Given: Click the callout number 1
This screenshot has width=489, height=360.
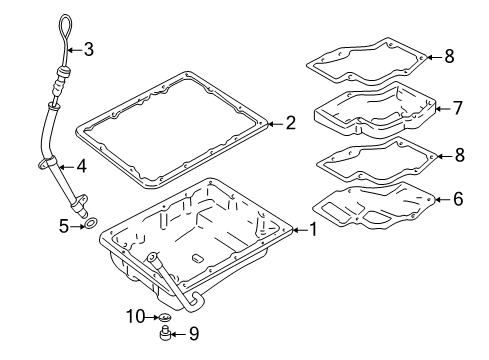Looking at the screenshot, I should tap(313, 230).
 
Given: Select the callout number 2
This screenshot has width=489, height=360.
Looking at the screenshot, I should tap(290, 124).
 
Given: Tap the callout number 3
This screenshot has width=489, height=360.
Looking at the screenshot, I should tap(88, 48).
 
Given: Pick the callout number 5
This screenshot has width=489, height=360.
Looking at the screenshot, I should tap(63, 227).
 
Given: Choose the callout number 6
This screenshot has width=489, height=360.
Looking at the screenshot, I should tap(457, 199).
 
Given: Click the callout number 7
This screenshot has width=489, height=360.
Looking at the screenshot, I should tap(457, 107).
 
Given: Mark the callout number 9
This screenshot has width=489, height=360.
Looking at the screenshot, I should tap(195, 333).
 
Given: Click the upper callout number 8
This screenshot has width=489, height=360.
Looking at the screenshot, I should tap(449, 57).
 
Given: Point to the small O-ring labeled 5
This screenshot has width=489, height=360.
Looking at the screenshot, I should tap(91, 227).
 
